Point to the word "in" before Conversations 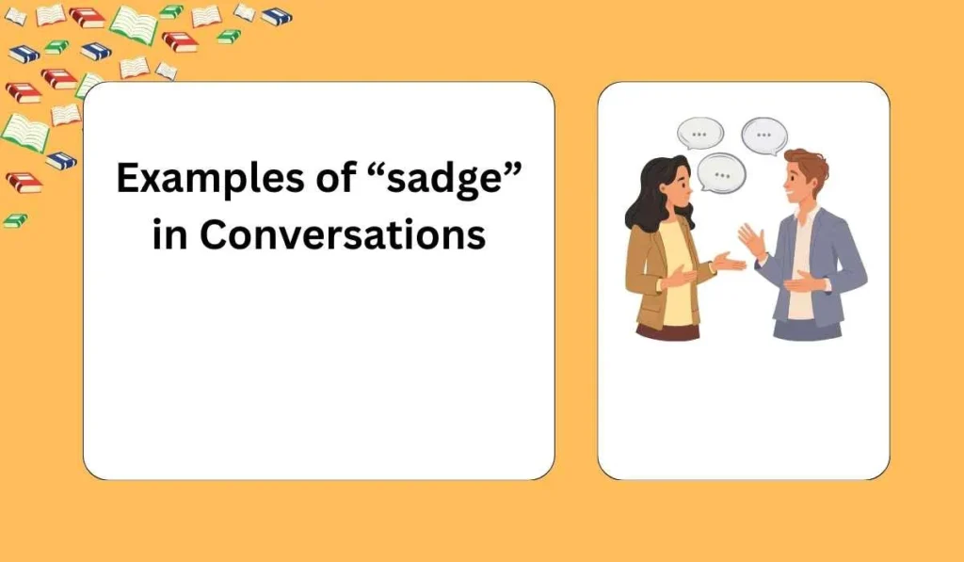click(169, 235)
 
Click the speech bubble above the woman click(699, 134)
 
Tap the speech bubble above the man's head click(763, 136)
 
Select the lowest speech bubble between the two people click(722, 174)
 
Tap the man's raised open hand click(750, 241)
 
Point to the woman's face click(680, 192)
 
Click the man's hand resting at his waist click(801, 281)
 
